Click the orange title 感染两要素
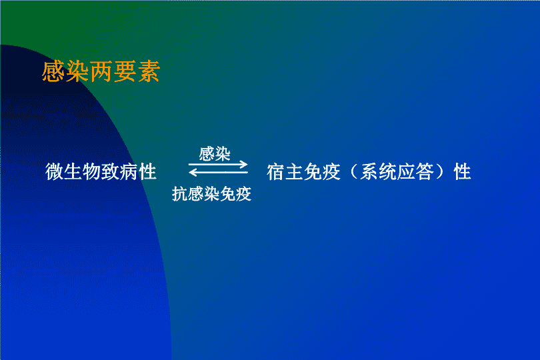tap(101, 71)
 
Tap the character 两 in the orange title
tap(101, 71)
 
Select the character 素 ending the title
tap(149, 71)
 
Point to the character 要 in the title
tap(125, 71)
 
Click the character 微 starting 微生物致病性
tap(55, 171)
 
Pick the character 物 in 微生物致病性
tap(91, 171)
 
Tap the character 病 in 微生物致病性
tap(129, 171)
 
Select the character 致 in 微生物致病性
tap(110, 171)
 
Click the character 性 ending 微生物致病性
tap(147, 171)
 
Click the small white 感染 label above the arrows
tap(215, 153)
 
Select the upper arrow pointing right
tap(218, 164)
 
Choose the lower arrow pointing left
tap(218, 172)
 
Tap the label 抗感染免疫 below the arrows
tap(211, 193)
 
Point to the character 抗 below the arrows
tap(180, 193)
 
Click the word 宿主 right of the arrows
tap(285, 172)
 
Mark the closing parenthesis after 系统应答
tap(440, 172)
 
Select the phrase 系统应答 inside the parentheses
tap(397, 172)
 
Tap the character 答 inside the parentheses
tap(425, 172)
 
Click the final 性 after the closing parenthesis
tap(462, 172)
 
